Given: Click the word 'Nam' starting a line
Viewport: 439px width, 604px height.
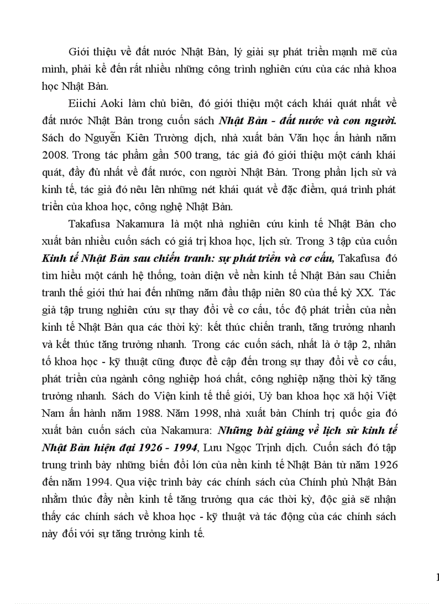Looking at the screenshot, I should [51, 399].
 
